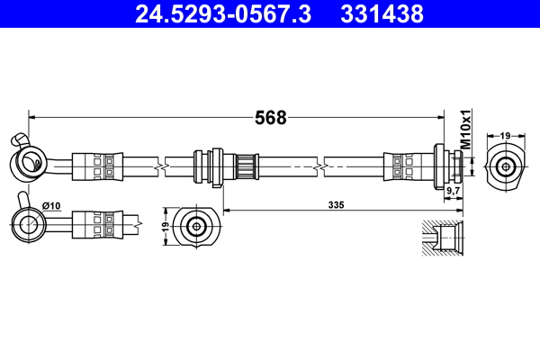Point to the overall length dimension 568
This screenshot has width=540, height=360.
tap(271, 118)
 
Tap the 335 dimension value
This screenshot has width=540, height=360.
tap(337, 205)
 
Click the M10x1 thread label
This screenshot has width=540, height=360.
tap(466, 130)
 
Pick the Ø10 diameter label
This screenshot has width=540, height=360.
tap(51, 205)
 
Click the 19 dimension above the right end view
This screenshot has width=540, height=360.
tap(506, 135)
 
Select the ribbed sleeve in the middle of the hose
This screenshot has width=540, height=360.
tap(243, 167)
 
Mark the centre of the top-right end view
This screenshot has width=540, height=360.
tap(506, 166)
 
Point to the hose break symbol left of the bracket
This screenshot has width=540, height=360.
tap(159, 167)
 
